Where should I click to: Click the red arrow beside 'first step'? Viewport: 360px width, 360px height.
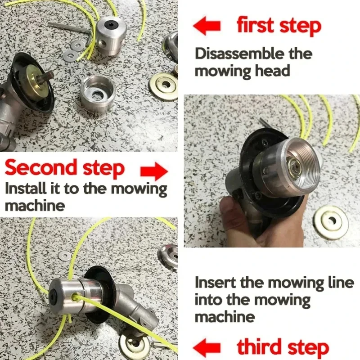pyautogui.click(x=207, y=26)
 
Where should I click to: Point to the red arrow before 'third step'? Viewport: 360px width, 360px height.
pyautogui.click(x=207, y=348)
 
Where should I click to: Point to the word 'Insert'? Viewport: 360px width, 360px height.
pyautogui.click(x=214, y=283)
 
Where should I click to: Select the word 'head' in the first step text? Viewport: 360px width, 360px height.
pyautogui.click(x=274, y=71)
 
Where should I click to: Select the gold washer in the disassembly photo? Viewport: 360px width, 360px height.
pyautogui.click(x=163, y=86)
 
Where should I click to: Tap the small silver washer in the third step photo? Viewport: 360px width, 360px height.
pyautogui.click(x=64, y=256)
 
